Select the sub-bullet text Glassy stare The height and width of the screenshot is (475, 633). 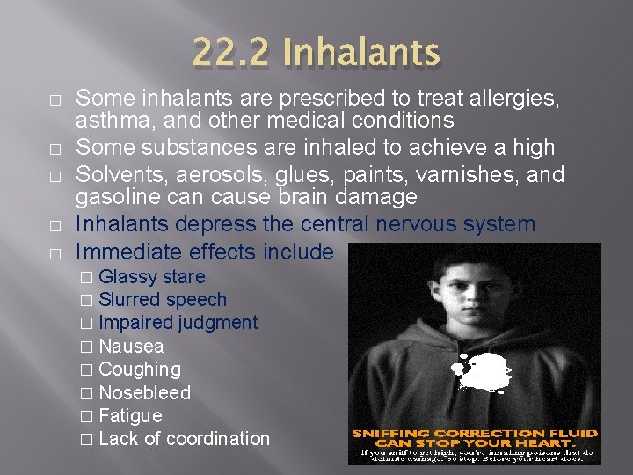click(151, 277)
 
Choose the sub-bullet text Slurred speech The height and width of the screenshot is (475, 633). click(163, 300)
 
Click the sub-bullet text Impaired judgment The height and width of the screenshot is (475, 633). click(178, 323)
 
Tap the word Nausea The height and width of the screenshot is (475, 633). click(131, 347)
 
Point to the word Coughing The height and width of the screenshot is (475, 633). click(140, 369)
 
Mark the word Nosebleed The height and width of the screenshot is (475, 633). click(144, 392)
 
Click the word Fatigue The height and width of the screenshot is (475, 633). click(130, 415)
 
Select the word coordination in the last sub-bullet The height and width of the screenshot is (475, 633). click(218, 438)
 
